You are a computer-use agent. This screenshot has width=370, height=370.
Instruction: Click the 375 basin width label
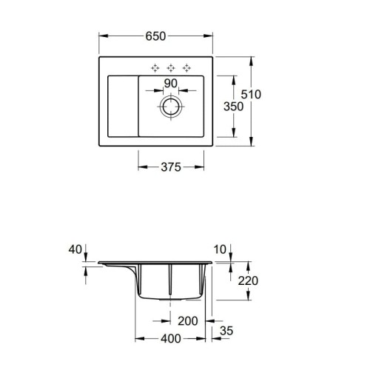(172, 167)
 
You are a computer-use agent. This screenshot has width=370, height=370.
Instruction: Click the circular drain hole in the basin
(172, 107)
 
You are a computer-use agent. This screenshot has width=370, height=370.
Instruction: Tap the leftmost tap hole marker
(155, 67)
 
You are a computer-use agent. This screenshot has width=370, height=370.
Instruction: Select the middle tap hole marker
(172, 67)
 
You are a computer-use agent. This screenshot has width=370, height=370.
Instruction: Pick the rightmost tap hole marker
(187, 67)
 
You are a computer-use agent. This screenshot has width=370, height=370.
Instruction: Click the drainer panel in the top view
(121, 106)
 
